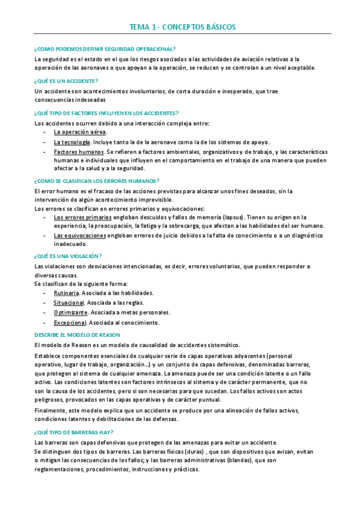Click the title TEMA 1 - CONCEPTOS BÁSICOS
(183, 27)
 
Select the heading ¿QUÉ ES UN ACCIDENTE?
(67, 81)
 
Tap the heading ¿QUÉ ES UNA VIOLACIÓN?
(68, 256)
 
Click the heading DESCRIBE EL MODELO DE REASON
(78, 334)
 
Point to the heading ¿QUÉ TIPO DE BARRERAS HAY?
(74, 432)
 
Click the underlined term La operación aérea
(80, 132)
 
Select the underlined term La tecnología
(72, 142)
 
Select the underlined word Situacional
(69, 303)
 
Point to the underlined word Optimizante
(70, 312)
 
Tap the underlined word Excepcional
(70, 322)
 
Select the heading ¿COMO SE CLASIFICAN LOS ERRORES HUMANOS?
(97, 180)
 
